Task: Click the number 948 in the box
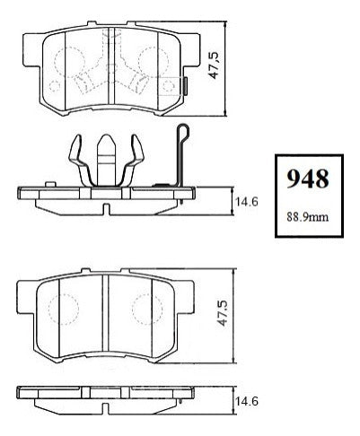coord(308,179)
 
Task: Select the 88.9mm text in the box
coord(308,216)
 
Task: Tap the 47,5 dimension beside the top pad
coord(215,65)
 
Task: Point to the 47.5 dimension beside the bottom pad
coord(223,312)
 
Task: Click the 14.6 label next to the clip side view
coord(247,202)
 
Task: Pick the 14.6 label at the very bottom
coord(247,401)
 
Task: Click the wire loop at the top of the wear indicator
coord(183,132)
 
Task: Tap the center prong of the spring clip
coord(107,160)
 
